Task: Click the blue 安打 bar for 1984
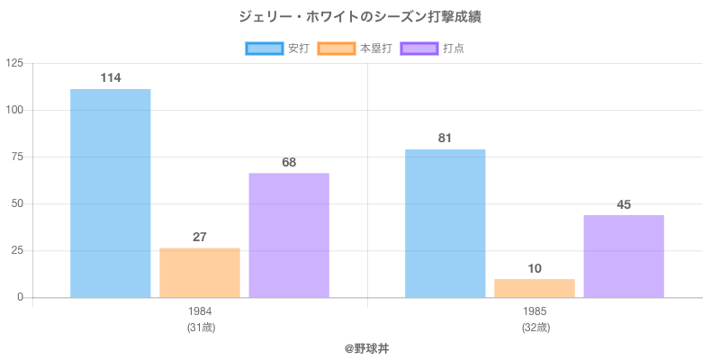[111, 193]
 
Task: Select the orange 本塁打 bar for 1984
[200, 273]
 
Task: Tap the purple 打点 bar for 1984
[289, 235]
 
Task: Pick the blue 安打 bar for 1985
[445, 223]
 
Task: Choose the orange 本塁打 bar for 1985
[535, 288]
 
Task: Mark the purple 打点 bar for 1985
[624, 256]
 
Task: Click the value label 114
[111, 78]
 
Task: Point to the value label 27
[200, 237]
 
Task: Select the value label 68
[289, 162]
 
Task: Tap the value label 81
[445, 138]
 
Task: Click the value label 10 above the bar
[535, 268]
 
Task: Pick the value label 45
[624, 204]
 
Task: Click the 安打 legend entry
[277, 49]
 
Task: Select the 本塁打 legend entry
[355, 49]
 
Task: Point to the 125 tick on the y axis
[14, 63]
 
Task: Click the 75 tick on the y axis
[18, 157]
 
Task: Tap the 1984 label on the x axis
[200, 311]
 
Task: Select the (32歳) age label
[535, 327]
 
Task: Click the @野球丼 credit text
[367, 347]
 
